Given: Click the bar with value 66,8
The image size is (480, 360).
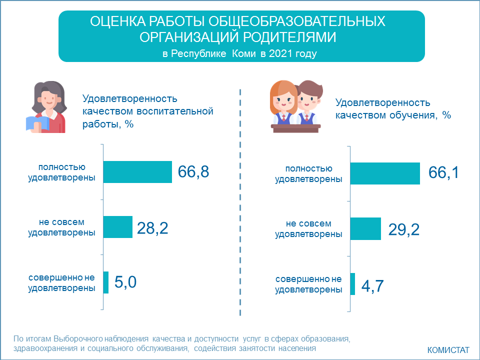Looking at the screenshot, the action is (x=138, y=172).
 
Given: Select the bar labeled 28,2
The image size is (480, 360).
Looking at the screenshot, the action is (x=118, y=227).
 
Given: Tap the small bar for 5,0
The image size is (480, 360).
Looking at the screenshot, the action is (x=106, y=282).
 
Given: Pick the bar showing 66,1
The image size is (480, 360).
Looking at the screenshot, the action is (x=385, y=173).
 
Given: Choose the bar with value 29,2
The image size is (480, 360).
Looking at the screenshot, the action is (x=366, y=229).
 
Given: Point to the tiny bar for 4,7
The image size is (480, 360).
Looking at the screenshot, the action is (x=352, y=284).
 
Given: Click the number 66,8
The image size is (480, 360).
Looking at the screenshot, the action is (x=193, y=171).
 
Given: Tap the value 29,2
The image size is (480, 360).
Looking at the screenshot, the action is (x=404, y=229).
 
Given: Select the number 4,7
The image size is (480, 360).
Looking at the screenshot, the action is (x=372, y=286).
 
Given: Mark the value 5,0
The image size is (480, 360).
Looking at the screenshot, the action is (x=125, y=282).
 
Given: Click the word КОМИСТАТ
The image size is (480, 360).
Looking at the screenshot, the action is (x=448, y=350).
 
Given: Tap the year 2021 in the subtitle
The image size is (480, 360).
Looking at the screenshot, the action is (x=280, y=53).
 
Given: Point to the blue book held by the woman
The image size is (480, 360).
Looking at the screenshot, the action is (x=37, y=123).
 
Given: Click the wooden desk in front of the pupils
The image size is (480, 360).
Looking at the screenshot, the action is (x=296, y=128).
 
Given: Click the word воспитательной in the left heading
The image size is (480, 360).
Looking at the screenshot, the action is (x=175, y=111).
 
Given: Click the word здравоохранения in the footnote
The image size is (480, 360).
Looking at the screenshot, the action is (x=45, y=348).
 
